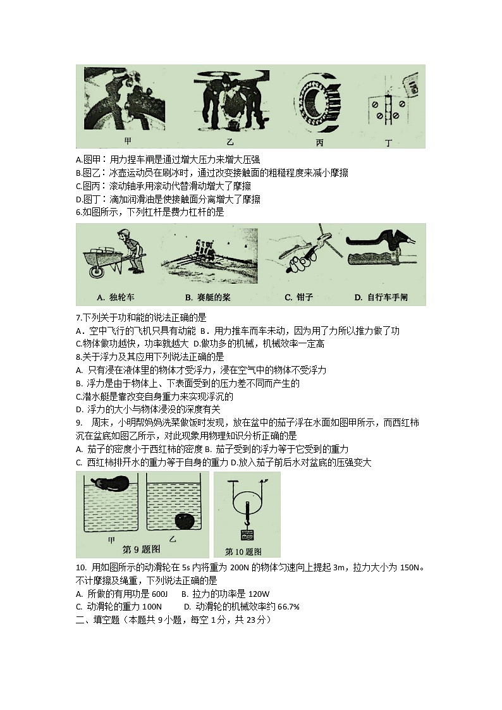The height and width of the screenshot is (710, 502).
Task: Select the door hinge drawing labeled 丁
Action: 386,106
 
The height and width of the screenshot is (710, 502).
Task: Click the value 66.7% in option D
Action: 286,606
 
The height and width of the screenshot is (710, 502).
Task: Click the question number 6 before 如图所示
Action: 78,212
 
